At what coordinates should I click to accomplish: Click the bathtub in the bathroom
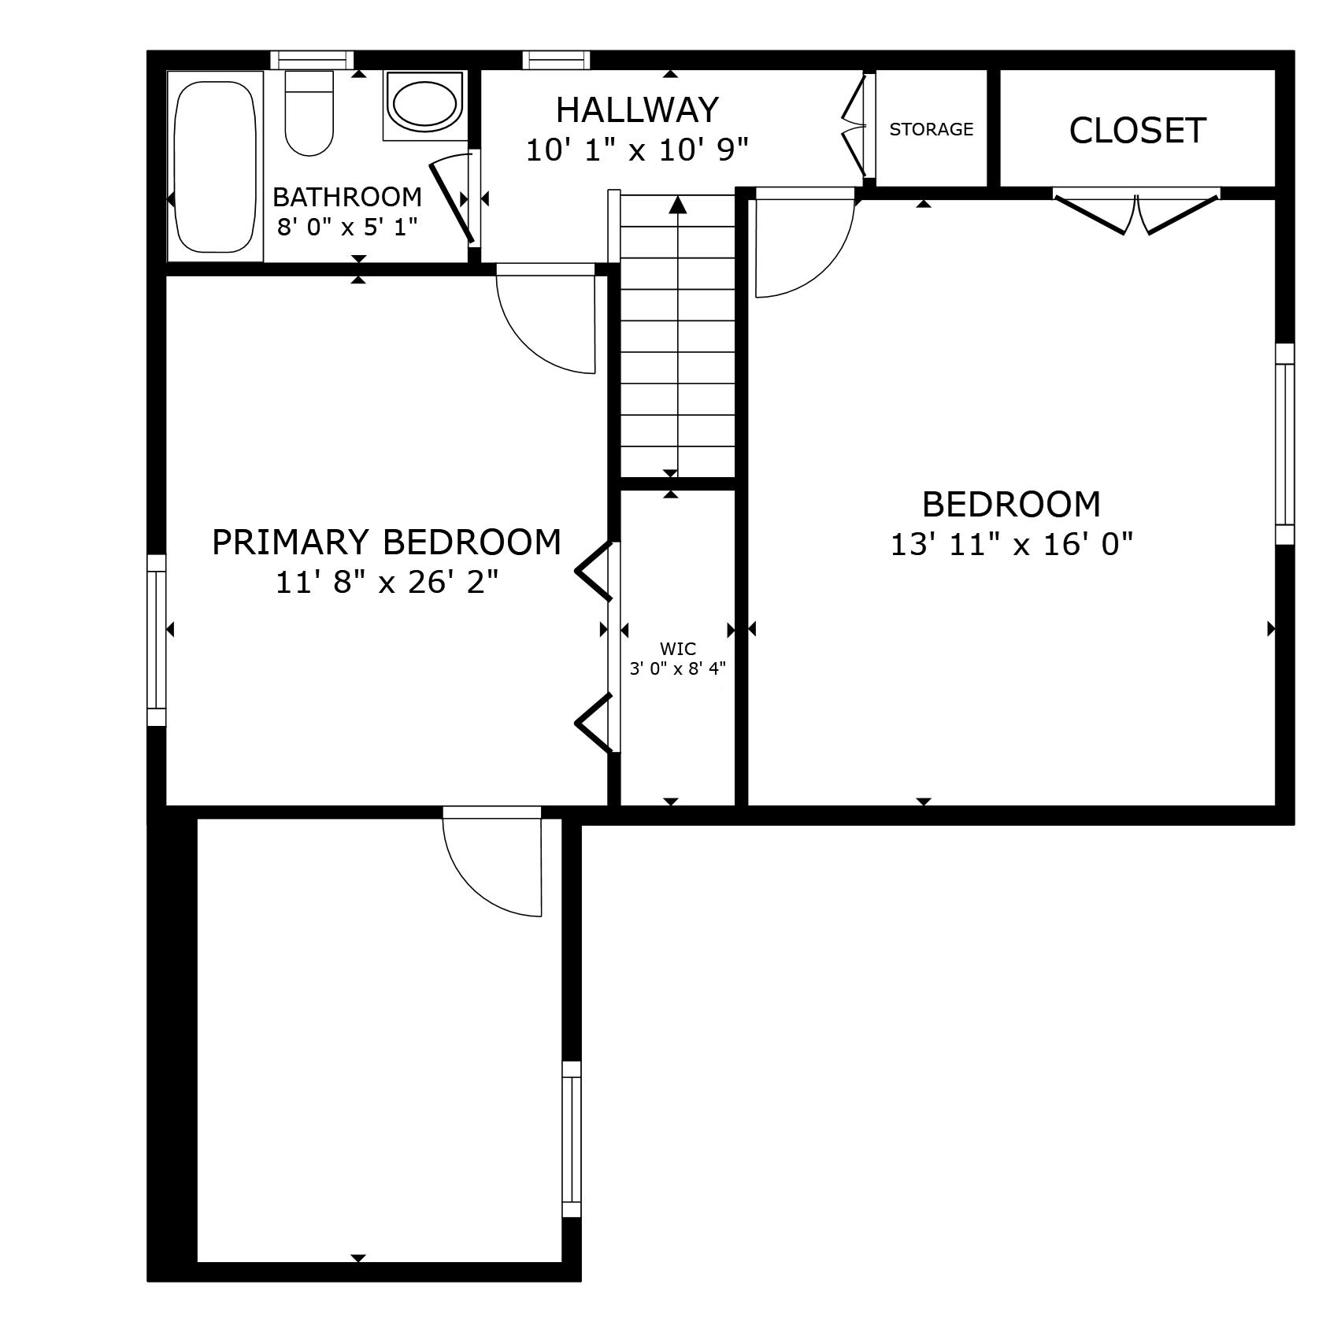[x=214, y=166]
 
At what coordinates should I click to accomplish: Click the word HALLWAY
[x=637, y=110]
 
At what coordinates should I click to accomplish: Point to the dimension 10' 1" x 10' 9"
[x=636, y=150]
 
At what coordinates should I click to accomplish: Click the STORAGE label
[x=931, y=129]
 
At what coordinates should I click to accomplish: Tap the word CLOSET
[x=1137, y=131]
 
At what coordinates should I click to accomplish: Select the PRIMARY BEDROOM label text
[x=387, y=542]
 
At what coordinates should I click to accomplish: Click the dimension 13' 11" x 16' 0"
[x=1011, y=544]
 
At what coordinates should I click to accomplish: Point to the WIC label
[x=677, y=649]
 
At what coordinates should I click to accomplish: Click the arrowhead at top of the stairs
[x=678, y=205]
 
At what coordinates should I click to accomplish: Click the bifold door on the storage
[x=855, y=126]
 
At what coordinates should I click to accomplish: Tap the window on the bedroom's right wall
[x=1284, y=444]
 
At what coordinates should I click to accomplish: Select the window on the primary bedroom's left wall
[x=157, y=639]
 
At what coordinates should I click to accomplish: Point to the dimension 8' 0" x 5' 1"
[x=346, y=228]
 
